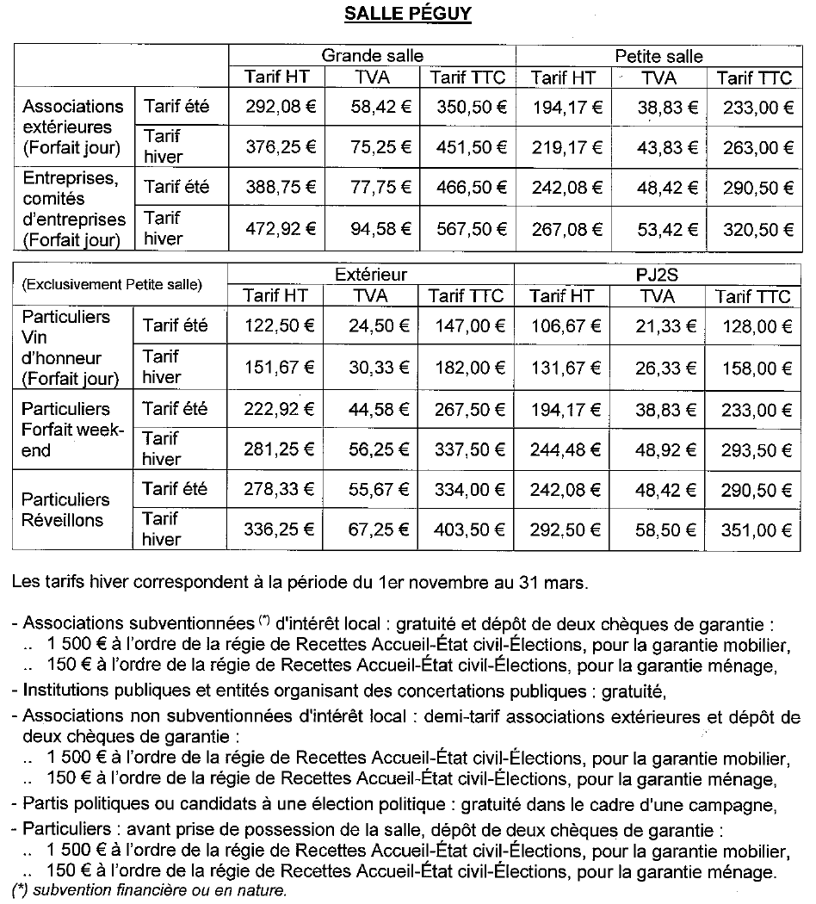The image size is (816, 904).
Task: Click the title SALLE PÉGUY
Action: tap(407, 15)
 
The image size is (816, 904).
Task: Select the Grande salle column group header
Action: tap(372, 56)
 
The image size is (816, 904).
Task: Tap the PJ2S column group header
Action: tap(659, 275)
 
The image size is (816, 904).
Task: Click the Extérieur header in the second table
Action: tap(371, 275)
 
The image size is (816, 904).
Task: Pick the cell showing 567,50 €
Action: tap(467, 230)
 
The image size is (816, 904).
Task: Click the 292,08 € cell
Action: tap(275, 108)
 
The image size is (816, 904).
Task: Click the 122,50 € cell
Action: tap(275, 326)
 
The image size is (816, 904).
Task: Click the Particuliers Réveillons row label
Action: tap(66, 510)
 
